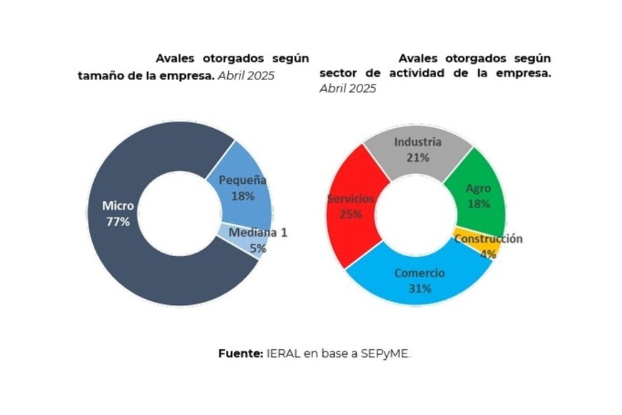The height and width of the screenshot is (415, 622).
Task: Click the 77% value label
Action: [x=117, y=222]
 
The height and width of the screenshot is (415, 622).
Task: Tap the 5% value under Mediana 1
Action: [x=257, y=248]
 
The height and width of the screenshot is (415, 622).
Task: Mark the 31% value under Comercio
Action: [x=419, y=288]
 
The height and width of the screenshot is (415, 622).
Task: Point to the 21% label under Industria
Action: [x=418, y=157]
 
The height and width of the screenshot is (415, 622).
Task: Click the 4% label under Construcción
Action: [x=488, y=253]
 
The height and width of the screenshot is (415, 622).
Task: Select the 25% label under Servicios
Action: [x=350, y=213]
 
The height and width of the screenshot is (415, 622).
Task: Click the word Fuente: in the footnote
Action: [x=241, y=353]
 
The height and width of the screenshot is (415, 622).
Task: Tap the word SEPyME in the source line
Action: [x=385, y=353]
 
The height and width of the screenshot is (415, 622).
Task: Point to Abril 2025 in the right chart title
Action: [x=347, y=89]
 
